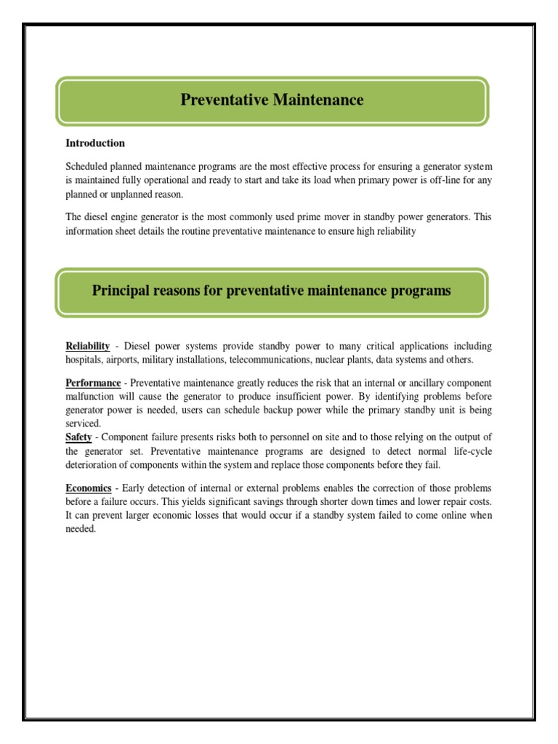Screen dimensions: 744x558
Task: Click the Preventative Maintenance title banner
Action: click(272, 100)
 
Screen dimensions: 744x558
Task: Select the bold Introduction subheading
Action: click(95, 143)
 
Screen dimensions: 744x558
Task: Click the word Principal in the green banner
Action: click(121, 291)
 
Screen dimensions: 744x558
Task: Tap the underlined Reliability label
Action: click(88, 346)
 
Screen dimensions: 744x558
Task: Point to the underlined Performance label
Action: click(93, 383)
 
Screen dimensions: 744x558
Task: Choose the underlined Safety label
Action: click(78, 437)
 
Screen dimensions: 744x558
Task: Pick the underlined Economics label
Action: click(89, 488)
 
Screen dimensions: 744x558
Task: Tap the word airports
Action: click(123, 360)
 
